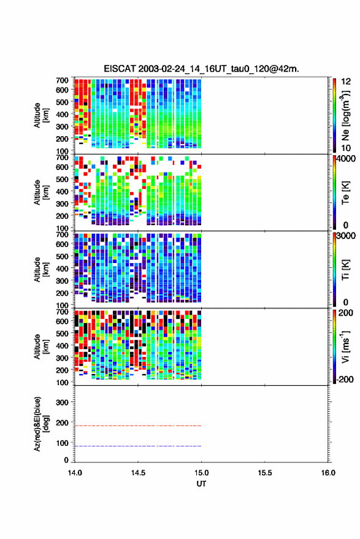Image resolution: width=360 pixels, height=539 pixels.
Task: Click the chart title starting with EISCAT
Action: pyautogui.click(x=201, y=69)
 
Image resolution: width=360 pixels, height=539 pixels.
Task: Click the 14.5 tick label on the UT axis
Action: pyautogui.click(x=138, y=473)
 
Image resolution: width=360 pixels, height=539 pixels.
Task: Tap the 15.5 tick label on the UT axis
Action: pyautogui.click(x=264, y=473)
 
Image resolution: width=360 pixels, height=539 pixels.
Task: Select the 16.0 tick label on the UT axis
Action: pyautogui.click(x=328, y=473)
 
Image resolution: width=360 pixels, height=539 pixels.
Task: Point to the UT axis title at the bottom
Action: pyautogui.click(x=201, y=484)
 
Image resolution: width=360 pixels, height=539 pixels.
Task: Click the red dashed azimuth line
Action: pyautogui.click(x=138, y=426)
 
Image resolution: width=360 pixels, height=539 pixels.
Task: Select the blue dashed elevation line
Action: pyautogui.click(x=138, y=446)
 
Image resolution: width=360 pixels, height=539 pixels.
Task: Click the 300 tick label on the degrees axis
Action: pyautogui.click(x=62, y=402)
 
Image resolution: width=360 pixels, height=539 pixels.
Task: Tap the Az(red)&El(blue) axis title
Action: pyautogui.click(x=40, y=424)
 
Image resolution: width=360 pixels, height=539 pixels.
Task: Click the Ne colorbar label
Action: pyautogui.click(x=345, y=115)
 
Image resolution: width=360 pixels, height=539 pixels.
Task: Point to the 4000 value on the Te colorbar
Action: pyautogui.click(x=346, y=159)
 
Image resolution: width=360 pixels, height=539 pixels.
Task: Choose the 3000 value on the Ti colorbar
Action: pyautogui.click(x=346, y=236)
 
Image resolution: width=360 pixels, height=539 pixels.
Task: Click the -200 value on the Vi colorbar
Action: pyautogui.click(x=345, y=379)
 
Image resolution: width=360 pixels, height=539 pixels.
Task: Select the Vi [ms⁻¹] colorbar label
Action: pyautogui.click(x=345, y=346)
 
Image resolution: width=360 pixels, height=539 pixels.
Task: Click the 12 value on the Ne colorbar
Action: pyautogui.click(x=346, y=82)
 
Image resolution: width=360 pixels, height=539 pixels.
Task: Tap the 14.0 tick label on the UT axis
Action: pyautogui.click(x=75, y=473)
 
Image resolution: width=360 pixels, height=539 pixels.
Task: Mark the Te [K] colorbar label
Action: pyautogui.click(x=345, y=193)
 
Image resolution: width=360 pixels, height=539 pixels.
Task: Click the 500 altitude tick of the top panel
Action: pyautogui.click(x=62, y=102)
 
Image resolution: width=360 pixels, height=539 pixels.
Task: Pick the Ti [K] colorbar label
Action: pyautogui.click(x=345, y=270)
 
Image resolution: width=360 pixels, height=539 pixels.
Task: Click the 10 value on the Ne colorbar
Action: pyautogui.click(x=346, y=148)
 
